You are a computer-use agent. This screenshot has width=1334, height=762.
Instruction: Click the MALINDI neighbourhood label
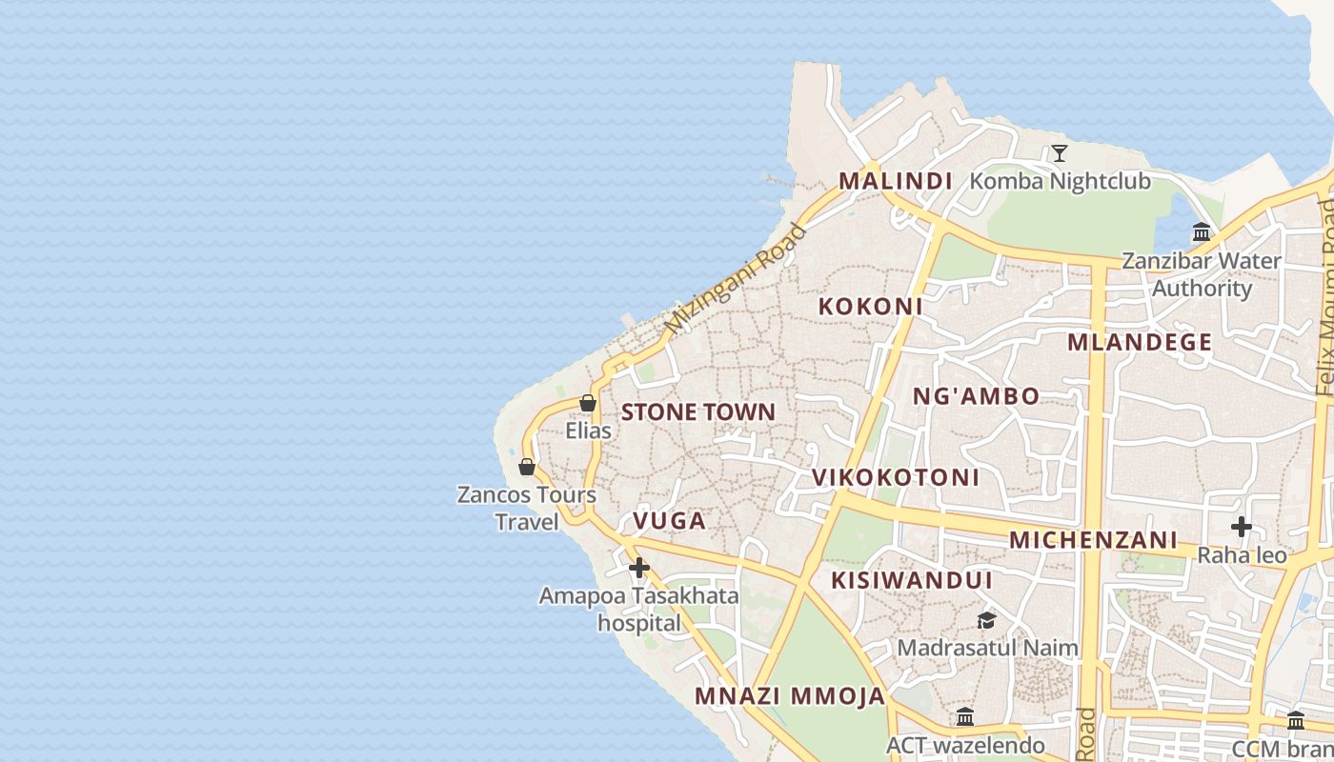[x=895, y=181]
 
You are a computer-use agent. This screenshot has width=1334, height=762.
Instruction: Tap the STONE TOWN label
[x=698, y=412]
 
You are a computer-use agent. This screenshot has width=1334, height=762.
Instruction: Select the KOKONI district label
[x=870, y=307]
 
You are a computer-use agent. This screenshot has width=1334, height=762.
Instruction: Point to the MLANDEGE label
[x=1140, y=343]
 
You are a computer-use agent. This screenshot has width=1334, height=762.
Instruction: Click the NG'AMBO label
[x=976, y=396]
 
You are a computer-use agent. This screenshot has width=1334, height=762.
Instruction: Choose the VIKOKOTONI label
[x=895, y=477]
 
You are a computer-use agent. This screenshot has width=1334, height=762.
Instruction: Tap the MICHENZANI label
[x=1093, y=540]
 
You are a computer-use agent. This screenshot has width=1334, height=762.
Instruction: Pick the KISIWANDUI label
[x=911, y=580]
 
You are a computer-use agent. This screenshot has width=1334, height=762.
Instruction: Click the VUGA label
[x=669, y=521]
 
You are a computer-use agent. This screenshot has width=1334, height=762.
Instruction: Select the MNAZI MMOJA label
[x=790, y=696]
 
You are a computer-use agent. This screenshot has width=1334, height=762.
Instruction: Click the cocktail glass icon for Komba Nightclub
[x=1059, y=153]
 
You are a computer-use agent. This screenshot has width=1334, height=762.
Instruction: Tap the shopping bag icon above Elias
[x=588, y=404]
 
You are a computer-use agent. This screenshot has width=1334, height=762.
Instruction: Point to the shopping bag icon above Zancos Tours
[x=526, y=467]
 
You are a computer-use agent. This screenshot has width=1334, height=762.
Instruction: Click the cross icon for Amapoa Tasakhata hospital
[x=638, y=569]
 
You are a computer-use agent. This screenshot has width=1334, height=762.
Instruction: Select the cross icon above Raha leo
[x=1241, y=526]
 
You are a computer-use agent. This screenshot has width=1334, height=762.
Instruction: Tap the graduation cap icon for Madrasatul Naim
[x=986, y=621]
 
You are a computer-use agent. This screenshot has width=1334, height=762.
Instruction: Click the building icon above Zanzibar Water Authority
[x=1201, y=231]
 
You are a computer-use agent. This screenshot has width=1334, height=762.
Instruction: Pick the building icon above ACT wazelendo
[x=964, y=716]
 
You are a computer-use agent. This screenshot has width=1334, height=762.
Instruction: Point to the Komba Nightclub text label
[x=1060, y=181]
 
